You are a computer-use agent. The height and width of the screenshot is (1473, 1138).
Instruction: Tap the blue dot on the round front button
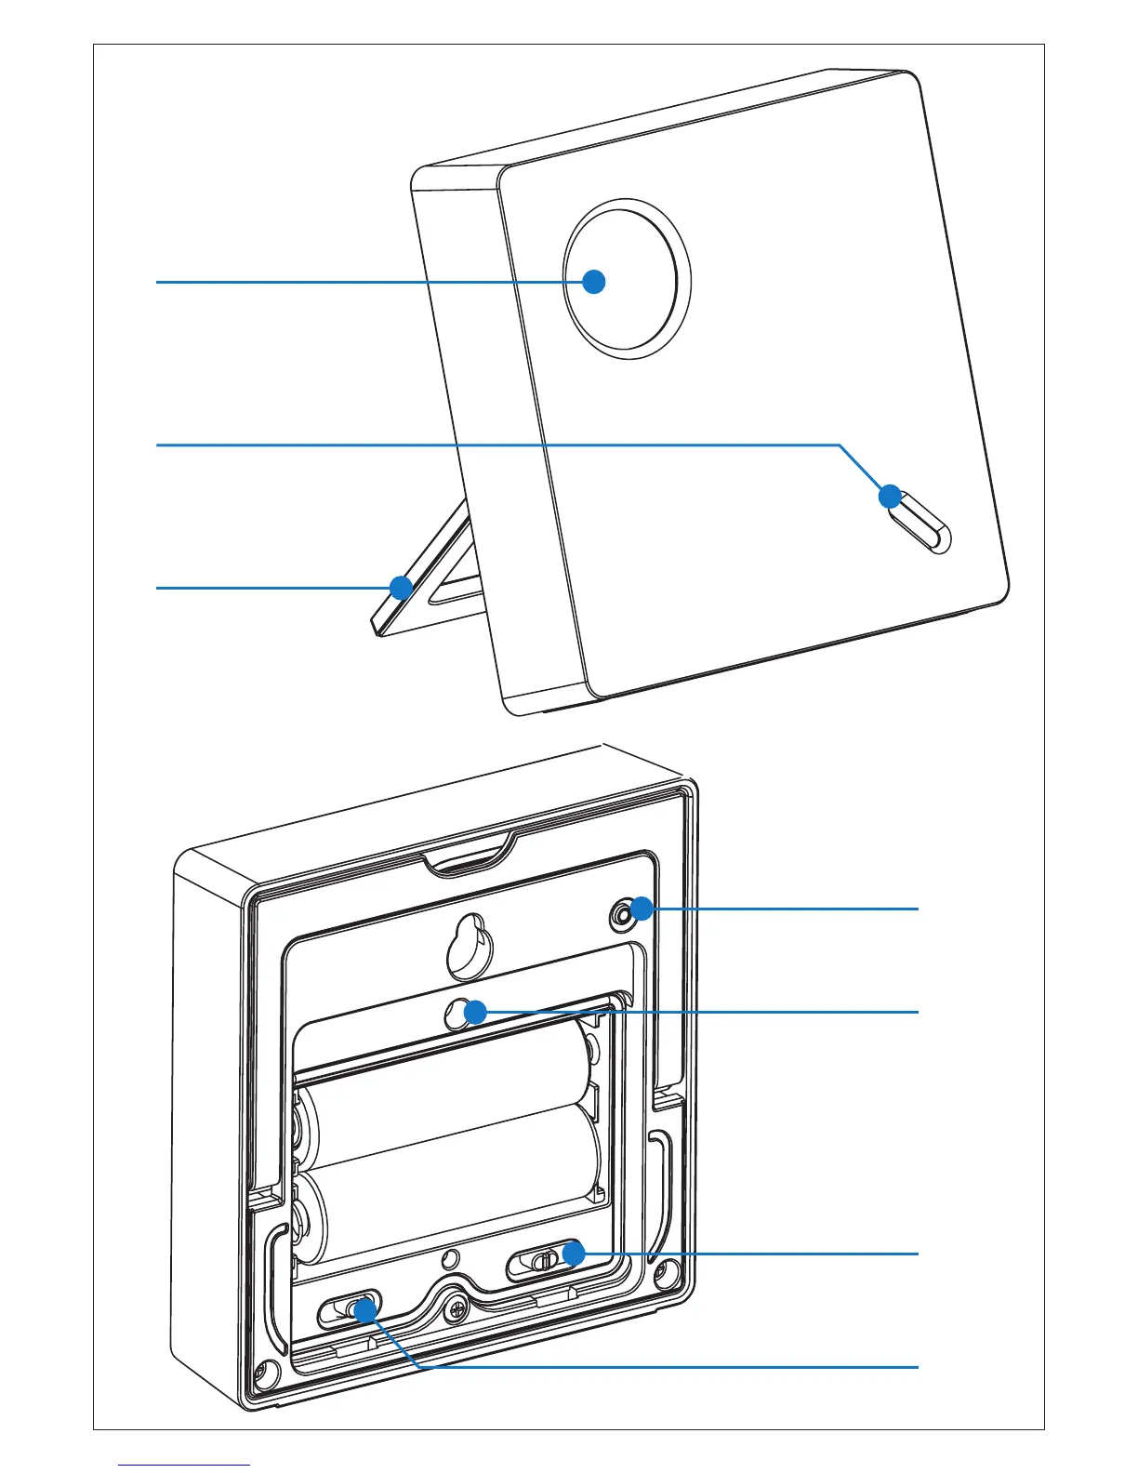[x=593, y=281]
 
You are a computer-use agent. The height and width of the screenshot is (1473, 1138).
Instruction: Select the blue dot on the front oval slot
[x=891, y=496]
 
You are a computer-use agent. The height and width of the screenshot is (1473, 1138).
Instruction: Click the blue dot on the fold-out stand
[x=401, y=588]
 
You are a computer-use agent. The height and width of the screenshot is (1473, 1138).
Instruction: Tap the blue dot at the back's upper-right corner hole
[x=641, y=909]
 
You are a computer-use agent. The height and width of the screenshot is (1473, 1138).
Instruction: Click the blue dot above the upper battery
[x=475, y=1011]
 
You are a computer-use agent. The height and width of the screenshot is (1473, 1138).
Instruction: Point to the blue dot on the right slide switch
[x=573, y=1254]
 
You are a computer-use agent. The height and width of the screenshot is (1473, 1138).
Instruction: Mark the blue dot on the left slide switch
[x=364, y=1309]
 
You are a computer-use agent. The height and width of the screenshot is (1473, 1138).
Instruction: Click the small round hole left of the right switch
[x=450, y=1259]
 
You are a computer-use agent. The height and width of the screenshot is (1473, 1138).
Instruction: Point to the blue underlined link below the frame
[x=184, y=1466]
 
